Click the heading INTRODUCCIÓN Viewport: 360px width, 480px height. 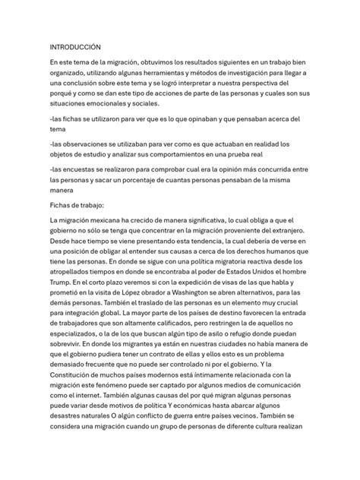(75, 46)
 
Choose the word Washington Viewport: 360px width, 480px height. (201, 314)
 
